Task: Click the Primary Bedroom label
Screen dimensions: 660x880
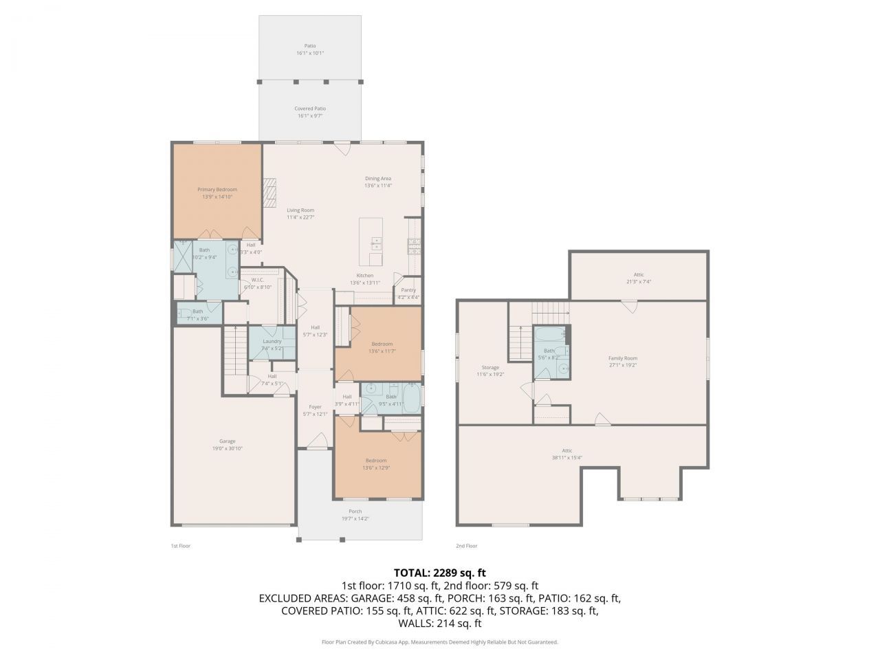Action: tap(217, 190)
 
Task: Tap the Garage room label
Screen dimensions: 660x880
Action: tap(228, 441)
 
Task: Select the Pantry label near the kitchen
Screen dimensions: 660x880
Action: tap(408, 290)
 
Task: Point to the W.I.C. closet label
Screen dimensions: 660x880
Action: tap(258, 280)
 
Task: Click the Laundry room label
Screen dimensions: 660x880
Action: tap(272, 341)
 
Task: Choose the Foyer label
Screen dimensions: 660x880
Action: tap(315, 407)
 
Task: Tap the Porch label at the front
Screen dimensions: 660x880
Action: tap(355, 511)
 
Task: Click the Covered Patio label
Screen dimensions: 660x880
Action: tap(310, 109)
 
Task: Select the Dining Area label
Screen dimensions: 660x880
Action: tap(377, 179)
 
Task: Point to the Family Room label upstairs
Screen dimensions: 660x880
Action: tap(623, 358)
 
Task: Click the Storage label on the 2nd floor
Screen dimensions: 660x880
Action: tap(490, 368)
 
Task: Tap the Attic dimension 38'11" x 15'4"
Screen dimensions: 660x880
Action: tap(566, 458)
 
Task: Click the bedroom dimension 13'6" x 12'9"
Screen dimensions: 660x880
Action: tap(375, 467)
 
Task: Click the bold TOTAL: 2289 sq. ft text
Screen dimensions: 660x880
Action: tap(440, 572)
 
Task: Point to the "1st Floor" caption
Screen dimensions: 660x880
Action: tap(180, 546)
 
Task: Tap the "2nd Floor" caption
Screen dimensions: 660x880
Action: tap(466, 546)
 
